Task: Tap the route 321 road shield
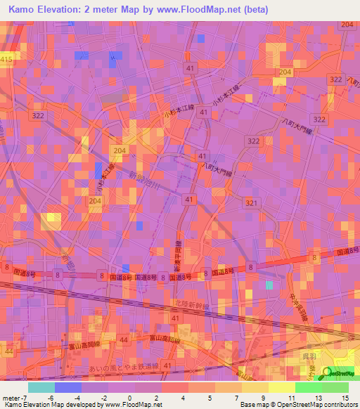[x=251, y=202]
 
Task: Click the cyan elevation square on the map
[x=269, y=285]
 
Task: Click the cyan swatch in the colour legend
[x=41, y=387]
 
